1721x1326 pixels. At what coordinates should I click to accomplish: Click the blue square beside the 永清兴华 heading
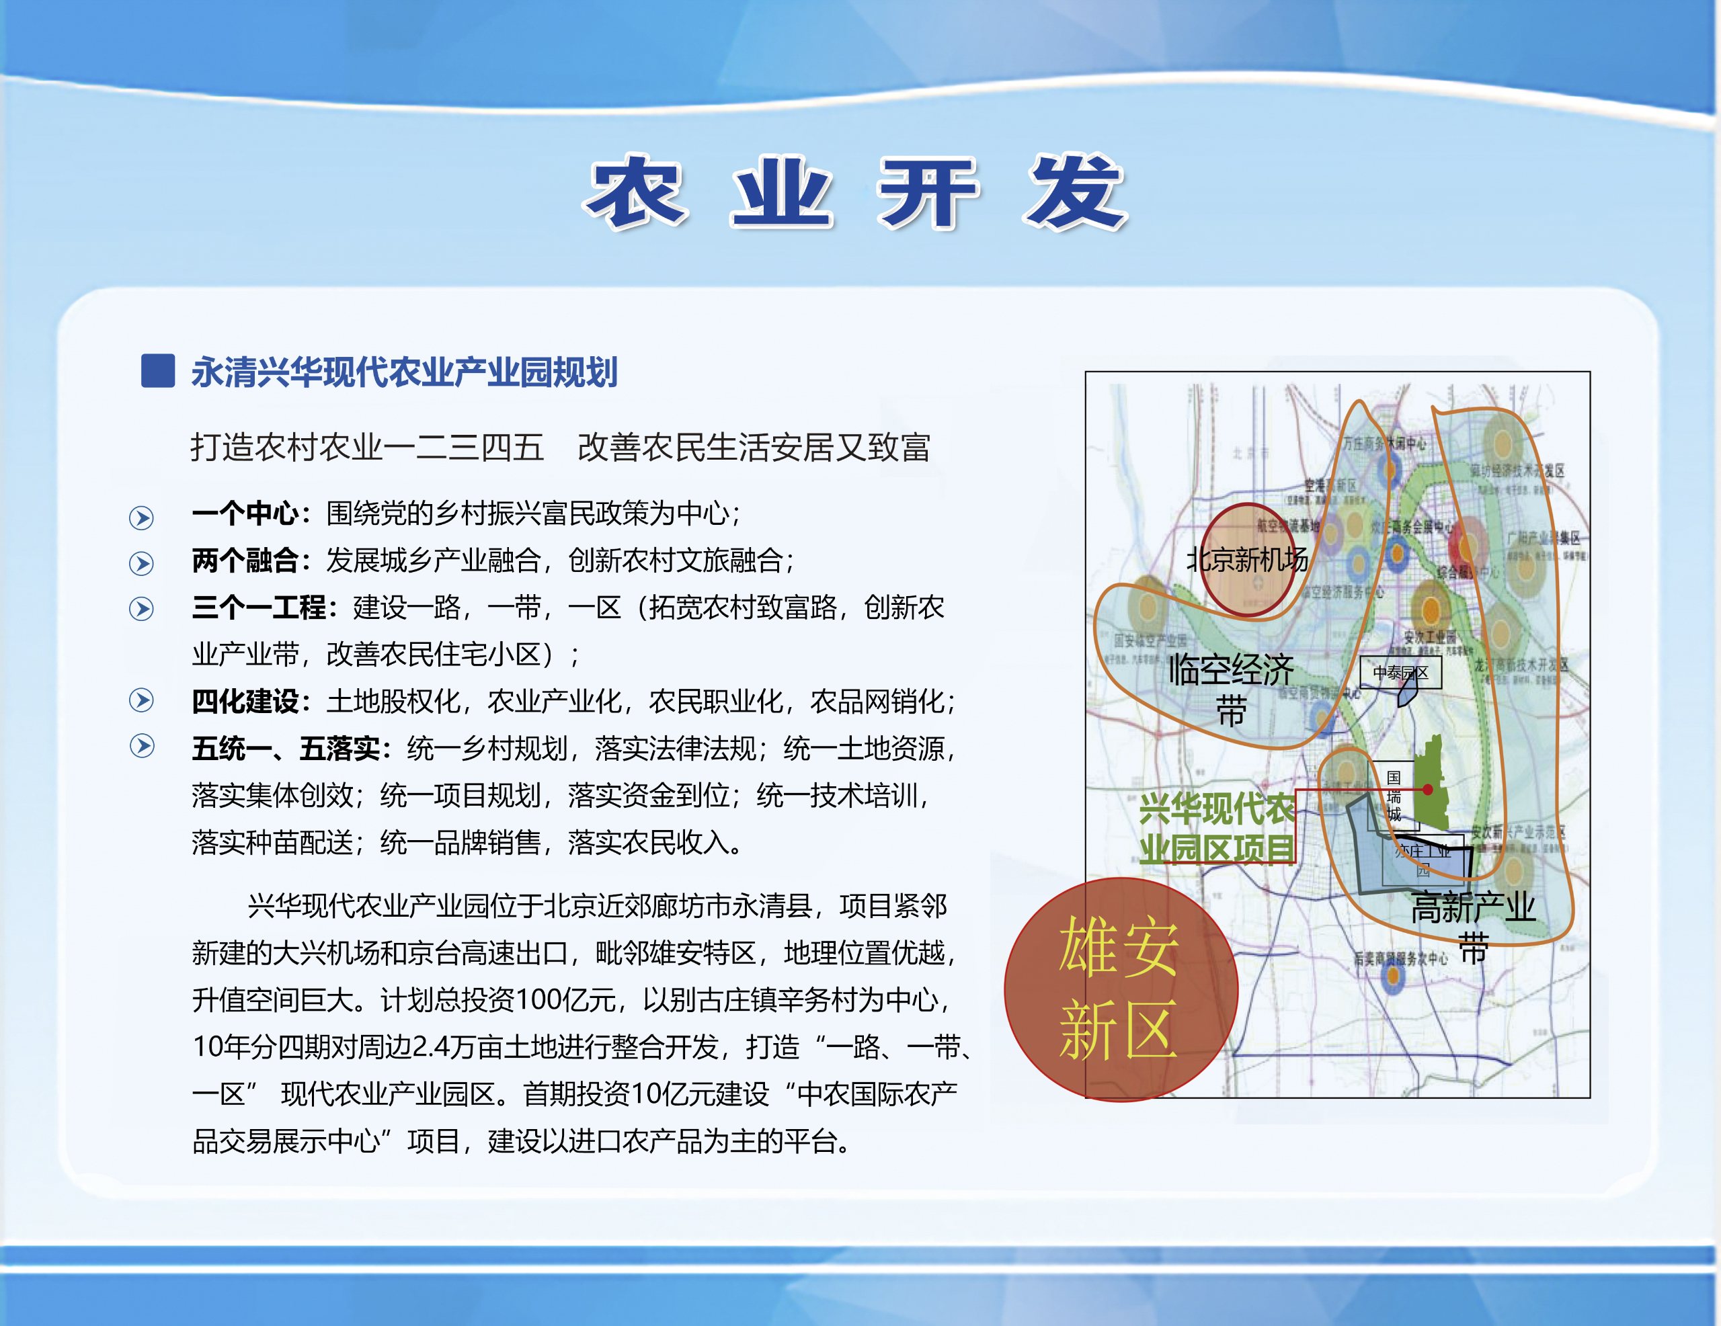[x=157, y=371]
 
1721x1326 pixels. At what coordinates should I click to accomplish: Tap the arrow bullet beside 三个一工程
[x=142, y=609]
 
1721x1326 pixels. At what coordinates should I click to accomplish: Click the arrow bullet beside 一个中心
[x=142, y=517]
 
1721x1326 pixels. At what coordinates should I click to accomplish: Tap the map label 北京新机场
[x=1246, y=559]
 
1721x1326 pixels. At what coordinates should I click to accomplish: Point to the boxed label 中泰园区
[x=1400, y=673]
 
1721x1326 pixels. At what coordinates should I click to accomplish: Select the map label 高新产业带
[x=1472, y=925]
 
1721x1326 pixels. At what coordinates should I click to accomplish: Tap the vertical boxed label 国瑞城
[x=1394, y=796]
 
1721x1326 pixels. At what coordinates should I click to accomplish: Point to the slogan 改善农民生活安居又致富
[x=754, y=447]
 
